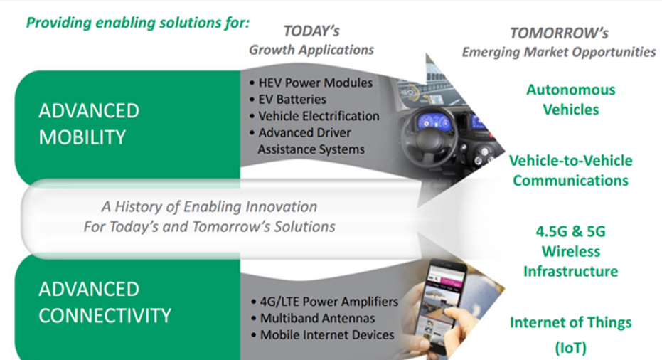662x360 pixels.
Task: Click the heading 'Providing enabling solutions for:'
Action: (138, 22)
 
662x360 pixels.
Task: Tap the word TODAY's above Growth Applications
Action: (311, 31)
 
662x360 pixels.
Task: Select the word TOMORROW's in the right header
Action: (559, 33)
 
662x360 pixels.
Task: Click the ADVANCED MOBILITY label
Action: (89, 124)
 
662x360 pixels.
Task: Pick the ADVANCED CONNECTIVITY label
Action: (105, 302)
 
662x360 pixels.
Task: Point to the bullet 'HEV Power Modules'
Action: (311, 83)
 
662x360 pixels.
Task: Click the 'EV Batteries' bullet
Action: (288, 100)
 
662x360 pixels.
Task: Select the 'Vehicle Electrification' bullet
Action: (314, 116)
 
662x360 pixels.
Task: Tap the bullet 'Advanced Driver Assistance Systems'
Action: (307, 141)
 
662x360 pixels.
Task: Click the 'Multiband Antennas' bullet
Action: (313, 318)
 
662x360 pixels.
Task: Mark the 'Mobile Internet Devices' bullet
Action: (323, 334)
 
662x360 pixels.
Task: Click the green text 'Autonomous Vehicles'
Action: (571, 100)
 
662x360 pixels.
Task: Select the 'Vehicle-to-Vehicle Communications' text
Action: (571, 170)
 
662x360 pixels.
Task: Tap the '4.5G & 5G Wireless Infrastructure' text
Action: (571, 251)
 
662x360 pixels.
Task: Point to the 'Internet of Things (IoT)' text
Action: (571, 334)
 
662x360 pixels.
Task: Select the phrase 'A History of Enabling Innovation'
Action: (209, 206)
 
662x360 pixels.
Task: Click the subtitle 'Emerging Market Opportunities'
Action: (559, 52)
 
